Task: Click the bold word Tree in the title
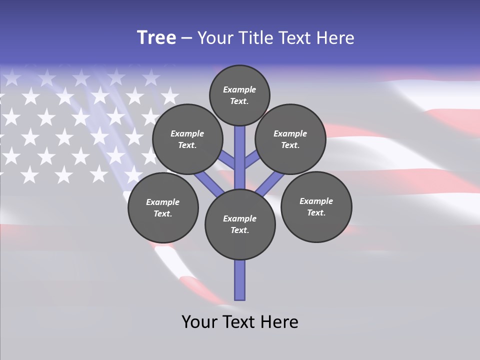point(156,37)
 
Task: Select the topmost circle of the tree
point(239,95)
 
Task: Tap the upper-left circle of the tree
point(187,139)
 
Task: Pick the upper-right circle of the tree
point(290,139)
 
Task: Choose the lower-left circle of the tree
point(163,207)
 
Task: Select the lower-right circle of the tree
point(316,207)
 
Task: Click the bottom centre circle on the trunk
point(240,224)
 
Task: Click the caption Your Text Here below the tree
point(240,322)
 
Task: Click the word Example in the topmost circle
point(239,89)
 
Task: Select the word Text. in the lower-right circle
point(316,212)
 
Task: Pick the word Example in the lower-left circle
point(163,202)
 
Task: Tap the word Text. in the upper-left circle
point(187,145)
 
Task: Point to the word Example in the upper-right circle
point(290,133)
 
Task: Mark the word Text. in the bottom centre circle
point(239,230)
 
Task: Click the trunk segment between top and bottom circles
point(240,157)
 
